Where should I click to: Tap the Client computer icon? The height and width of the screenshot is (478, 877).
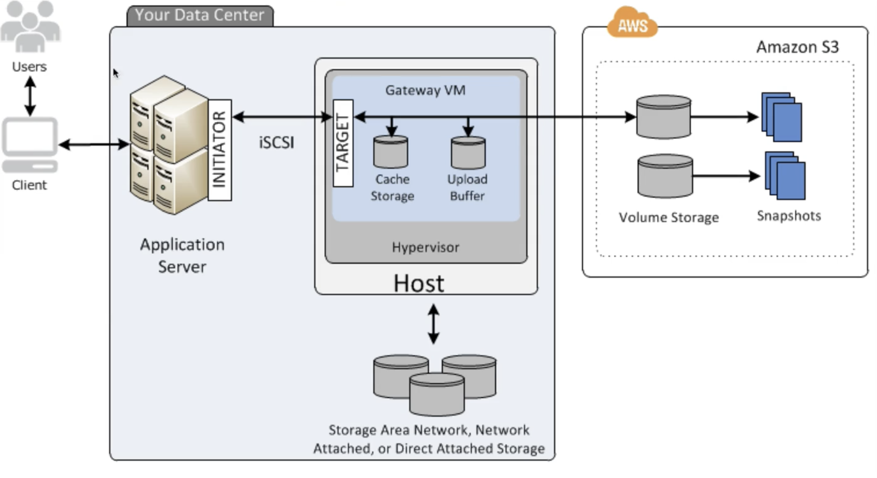29,146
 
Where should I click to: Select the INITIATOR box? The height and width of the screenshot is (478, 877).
219,149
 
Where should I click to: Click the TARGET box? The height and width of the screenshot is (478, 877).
343,149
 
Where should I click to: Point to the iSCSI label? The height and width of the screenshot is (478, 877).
276,142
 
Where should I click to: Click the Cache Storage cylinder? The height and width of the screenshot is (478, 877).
390,152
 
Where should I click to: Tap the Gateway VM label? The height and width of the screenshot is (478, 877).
425,90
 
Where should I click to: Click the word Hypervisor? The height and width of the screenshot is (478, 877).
425,247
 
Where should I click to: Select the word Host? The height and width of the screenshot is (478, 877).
418,283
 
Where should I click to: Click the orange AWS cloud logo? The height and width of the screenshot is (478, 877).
631,24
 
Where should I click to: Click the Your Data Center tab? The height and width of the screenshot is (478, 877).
200,15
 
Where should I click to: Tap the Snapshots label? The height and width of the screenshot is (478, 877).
788,216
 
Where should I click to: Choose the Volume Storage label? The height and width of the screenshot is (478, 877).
668,218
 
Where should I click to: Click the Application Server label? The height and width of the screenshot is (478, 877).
182,255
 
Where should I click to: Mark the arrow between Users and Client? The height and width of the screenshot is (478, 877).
29,96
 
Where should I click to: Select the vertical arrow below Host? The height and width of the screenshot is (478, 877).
433,324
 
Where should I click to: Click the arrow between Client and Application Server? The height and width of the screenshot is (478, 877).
94,145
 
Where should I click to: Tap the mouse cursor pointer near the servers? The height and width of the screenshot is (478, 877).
116,73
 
